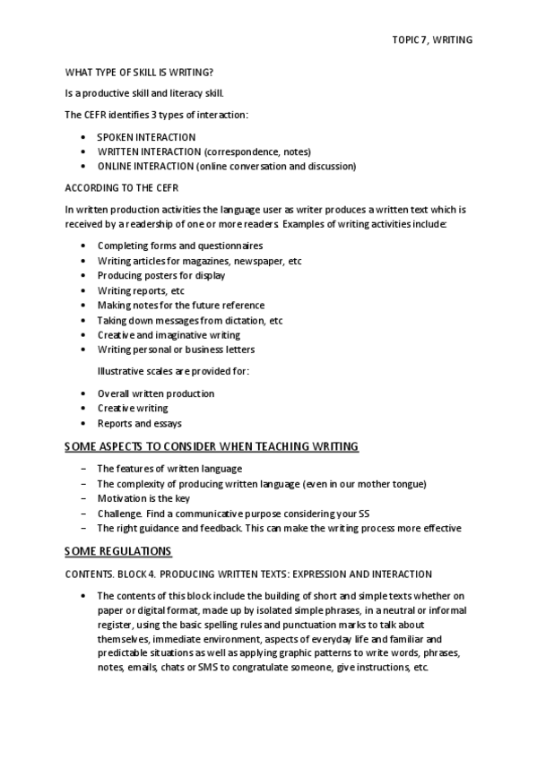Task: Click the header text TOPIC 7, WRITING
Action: point(432,40)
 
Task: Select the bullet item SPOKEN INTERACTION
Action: point(146,137)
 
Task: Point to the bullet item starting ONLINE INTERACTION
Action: point(226,166)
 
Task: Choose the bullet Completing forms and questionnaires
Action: point(180,245)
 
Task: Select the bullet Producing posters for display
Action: point(161,274)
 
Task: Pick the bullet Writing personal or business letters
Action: point(176,349)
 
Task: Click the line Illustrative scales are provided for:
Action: point(173,370)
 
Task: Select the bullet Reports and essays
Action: point(139,422)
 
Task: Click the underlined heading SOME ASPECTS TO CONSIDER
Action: point(212,445)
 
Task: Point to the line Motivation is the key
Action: point(143,498)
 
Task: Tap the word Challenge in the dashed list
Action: point(118,514)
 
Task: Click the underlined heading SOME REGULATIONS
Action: point(118,550)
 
